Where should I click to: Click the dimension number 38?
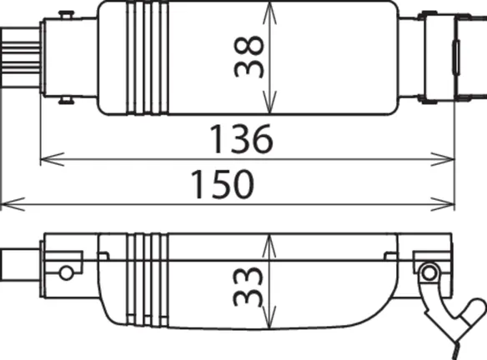[x=249, y=56]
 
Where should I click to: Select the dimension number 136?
[x=242, y=139]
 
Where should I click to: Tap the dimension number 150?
[x=223, y=184]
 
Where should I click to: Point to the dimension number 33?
[x=249, y=286]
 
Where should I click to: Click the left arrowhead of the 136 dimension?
[x=53, y=159]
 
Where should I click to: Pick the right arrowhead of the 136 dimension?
[x=443, y=159]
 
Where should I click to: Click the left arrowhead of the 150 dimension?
[x=13, y=204]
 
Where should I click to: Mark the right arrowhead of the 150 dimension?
[x=443, y=204]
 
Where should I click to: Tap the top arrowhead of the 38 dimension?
[x=269, y=13]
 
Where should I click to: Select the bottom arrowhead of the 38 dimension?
[x=269, y=102]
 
